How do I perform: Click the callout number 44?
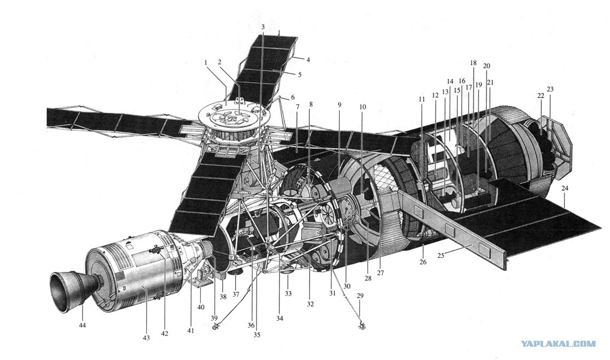point(82,325)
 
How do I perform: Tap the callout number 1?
point(206,62)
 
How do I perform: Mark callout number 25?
point(441,255)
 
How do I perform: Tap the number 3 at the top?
point(263,27)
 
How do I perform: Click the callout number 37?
point(236,294)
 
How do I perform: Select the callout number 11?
point(422,99)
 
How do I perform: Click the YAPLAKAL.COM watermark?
point(558,344)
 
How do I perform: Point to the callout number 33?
point(288,294)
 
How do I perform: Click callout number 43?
point(146,338)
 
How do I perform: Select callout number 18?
point(473,63)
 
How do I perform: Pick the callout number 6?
point(293,98)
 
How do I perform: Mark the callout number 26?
point(423,262)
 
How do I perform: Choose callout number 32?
point(310,304)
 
